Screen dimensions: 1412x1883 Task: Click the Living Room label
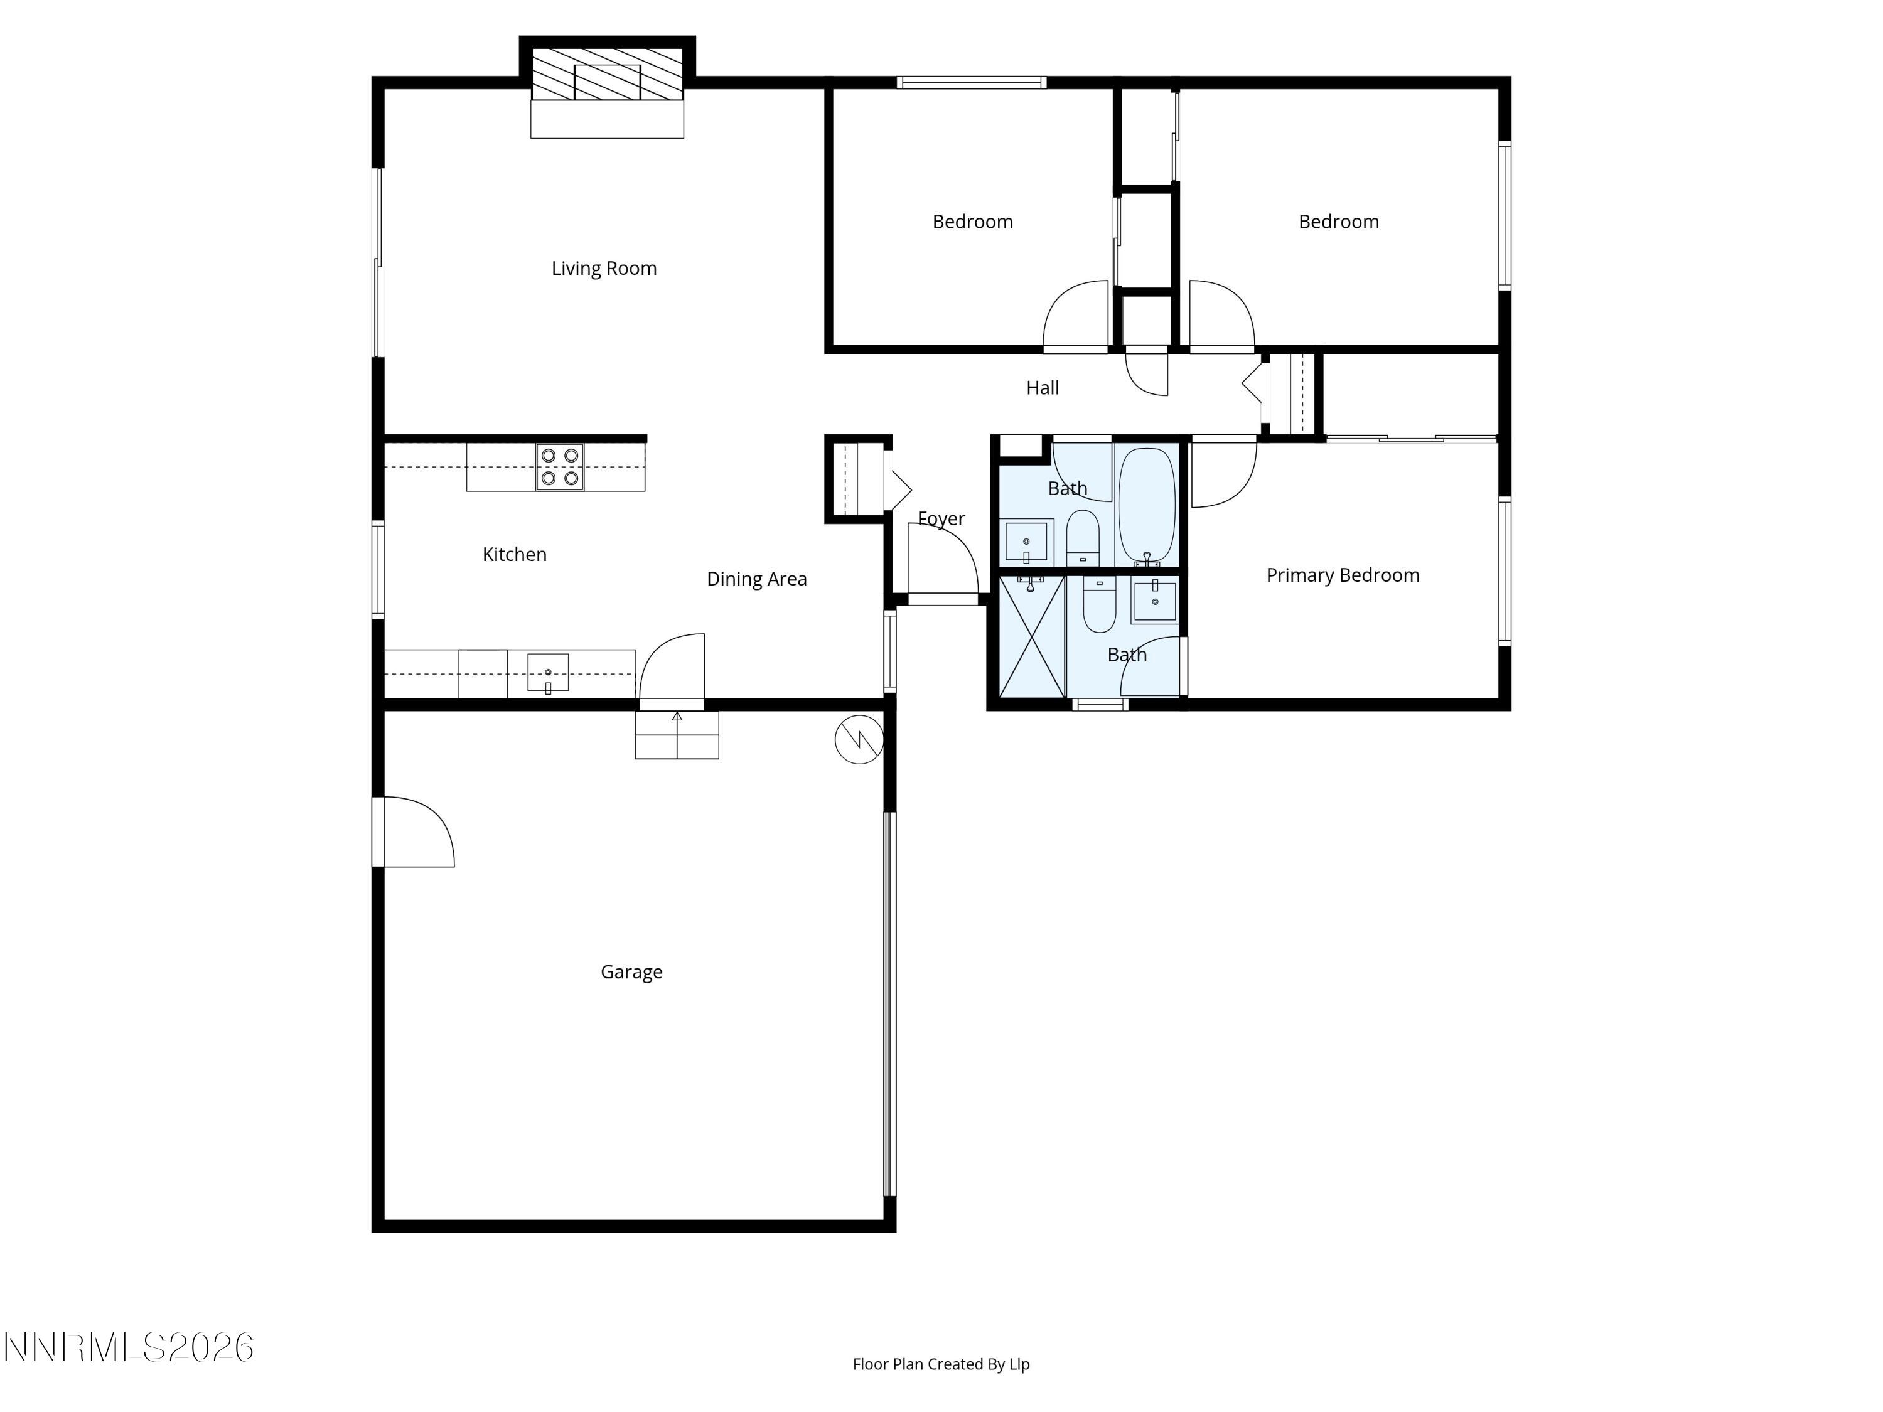pos(604,268)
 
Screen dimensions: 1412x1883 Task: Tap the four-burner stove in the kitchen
pos(560,468)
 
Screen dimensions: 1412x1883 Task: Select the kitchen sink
pos(547,672)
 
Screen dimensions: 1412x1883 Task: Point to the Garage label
pos(631,971)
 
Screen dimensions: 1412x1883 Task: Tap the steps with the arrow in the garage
pos(677,734)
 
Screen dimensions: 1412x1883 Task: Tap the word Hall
pos(1042,388)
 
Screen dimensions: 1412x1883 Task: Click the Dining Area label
pos(756,579)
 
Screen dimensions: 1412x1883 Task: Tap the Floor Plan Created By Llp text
pos(941,1364)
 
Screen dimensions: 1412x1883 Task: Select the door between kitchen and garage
pos(672,668)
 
